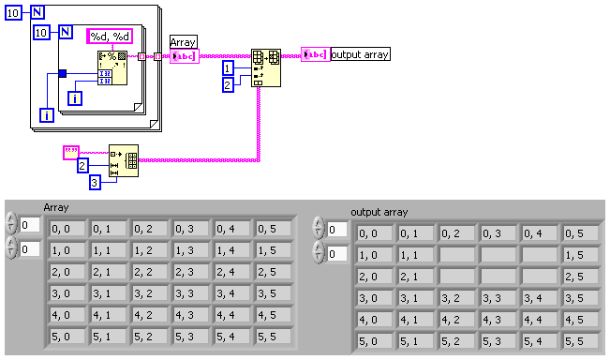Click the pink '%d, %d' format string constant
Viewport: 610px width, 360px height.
(110, 37)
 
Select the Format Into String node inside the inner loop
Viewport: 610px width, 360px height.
(112, 67)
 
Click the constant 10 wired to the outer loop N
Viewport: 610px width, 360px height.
(13, 13)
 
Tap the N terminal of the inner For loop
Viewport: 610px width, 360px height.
(66, 32)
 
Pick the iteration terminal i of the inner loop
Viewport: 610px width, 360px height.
(75, 98)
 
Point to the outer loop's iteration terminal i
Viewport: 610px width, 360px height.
(47, 115)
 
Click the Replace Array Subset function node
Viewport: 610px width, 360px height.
(266, 67)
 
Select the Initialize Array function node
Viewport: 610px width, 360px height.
(124, 160)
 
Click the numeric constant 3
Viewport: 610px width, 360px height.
(95, 183)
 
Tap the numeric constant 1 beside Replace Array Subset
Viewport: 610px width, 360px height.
(228, 68)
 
